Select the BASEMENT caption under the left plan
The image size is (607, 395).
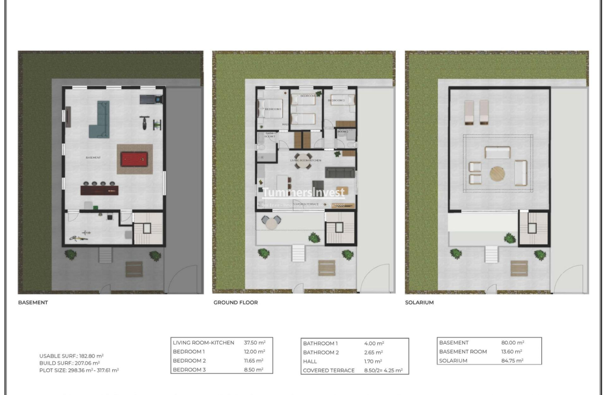[x=33, y=303]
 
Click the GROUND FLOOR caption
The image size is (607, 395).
[x=235, y=303]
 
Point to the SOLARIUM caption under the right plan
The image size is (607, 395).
[x=419, y=303]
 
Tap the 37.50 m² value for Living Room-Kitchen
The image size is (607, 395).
[x=254, y=343]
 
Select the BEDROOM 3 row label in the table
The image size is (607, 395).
[x=189, y=369]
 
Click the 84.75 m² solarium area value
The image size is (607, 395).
[x=513, y=361]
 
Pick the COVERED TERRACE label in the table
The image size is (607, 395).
[x=328, y=371]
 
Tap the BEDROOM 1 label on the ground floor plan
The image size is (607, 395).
[x=273, y=109]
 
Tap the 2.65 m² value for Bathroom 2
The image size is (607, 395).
[x=374, y=352]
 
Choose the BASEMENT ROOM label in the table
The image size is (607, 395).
[x=463, y=352]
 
